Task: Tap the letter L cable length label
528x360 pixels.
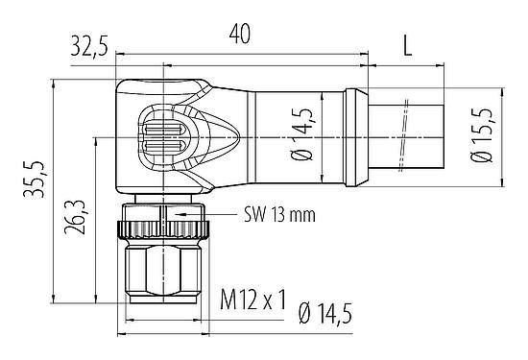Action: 408,44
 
